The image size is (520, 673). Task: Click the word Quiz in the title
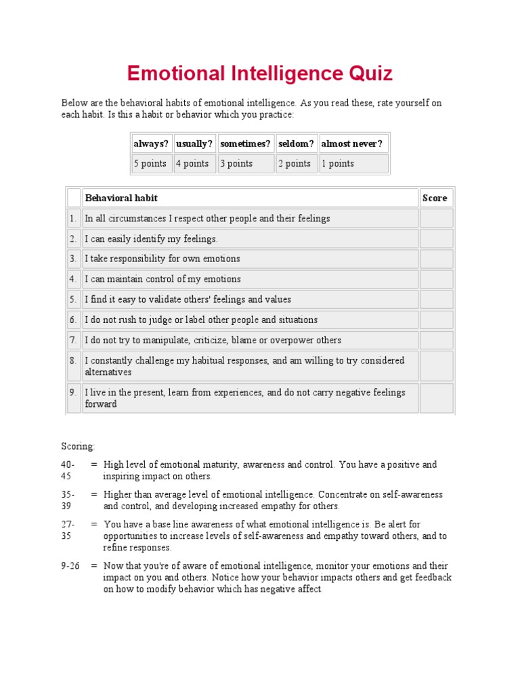[x=365, y=73]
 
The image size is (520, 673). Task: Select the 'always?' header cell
[x=151, y=144]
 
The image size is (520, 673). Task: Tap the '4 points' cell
[x=194, y=163]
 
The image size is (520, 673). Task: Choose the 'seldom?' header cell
[x=296, y=144]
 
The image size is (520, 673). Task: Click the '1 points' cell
[x=353, y=163]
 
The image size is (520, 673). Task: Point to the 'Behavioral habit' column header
[x=121, y=198]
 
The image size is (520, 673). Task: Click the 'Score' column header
[x=435, y=198]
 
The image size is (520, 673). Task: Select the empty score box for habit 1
[x=436, y=218]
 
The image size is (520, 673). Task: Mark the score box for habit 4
[x=436, y=279]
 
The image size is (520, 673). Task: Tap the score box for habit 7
[x=436, y=340]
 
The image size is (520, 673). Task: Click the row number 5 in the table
[x=72, y=299]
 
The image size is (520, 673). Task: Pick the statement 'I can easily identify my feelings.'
[x=151, y=238]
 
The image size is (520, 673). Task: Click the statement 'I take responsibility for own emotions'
[x=162, y=259]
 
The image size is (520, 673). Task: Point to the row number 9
[x=72, y=393]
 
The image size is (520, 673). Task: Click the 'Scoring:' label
[x=79, y=446]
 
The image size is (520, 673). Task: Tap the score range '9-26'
[x=70, y=566]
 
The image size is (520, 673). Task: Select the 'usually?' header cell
[x=194, y=144]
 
